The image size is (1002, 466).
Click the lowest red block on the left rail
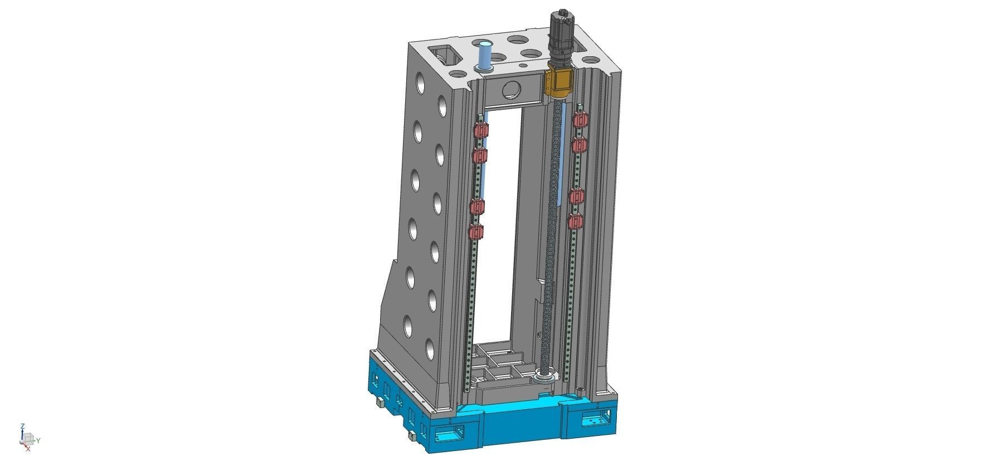click(86, 232)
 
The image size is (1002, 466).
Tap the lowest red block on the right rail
click(576, 222)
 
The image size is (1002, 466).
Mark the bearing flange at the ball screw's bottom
click(543, 377)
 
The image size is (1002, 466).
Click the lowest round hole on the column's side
click(430, 349)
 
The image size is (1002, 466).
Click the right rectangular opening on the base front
click(596, 421)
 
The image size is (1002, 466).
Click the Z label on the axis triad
click(22, 426)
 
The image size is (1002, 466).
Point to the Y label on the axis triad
click(38, 440)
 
